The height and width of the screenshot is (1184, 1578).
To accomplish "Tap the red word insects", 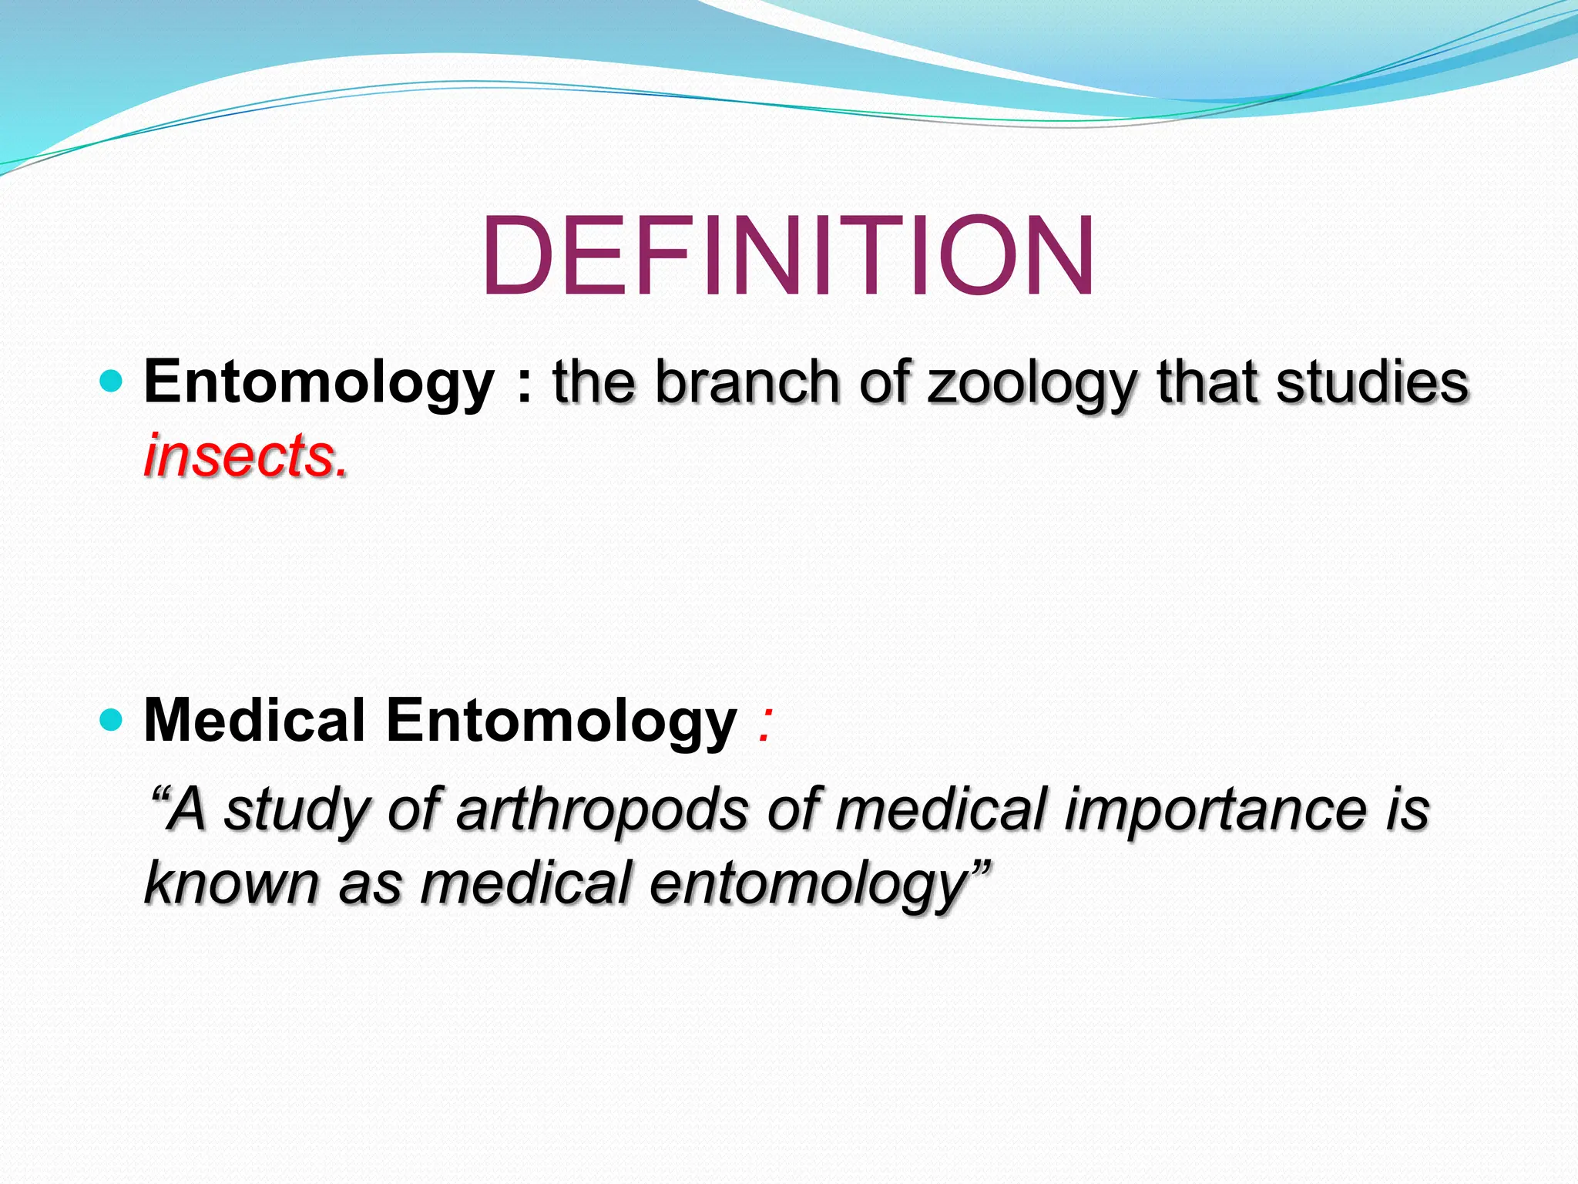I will pyautogui.click(x=245, y=456).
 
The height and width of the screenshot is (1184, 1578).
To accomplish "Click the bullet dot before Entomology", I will pyautogui.click(x=112, y=382).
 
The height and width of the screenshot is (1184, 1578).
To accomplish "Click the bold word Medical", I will pyautogui.click(x=254, y=721).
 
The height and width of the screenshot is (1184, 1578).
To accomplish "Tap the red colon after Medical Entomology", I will pyautogui.click(x=764, y=725).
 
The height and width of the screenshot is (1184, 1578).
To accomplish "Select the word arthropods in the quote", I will pyautogui.click(x=601, y=811).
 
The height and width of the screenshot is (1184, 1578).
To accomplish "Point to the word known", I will pyautogui.click(x=231, y=883).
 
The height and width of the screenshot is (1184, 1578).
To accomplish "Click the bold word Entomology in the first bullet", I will pyautogui.click(x=318, y=383).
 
